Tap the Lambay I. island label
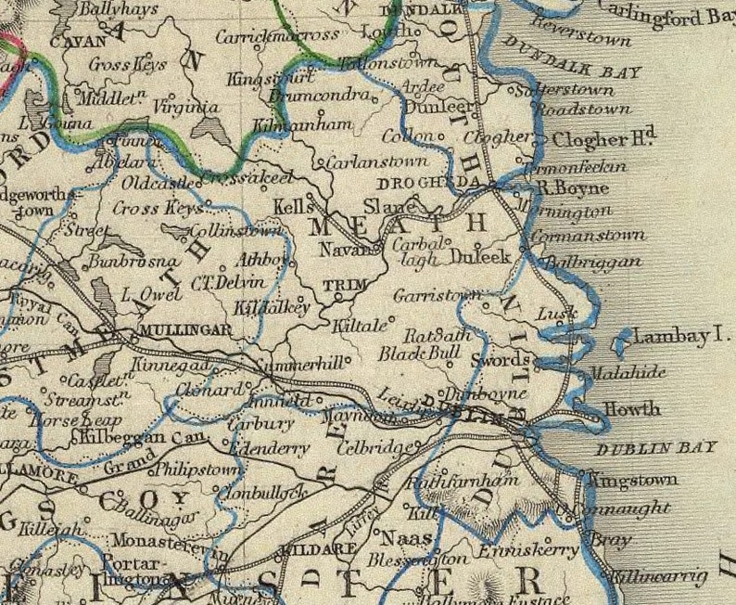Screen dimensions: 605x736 click(683, 338)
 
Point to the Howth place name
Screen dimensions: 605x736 click(632, 409)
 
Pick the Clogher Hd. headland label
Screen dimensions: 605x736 click(604, 140)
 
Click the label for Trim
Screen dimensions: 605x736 click(340, 284)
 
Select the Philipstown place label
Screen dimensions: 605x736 click(197, 470)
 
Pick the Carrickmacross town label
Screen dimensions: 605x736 click(277, 37)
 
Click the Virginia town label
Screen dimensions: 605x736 click(184, 108)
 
